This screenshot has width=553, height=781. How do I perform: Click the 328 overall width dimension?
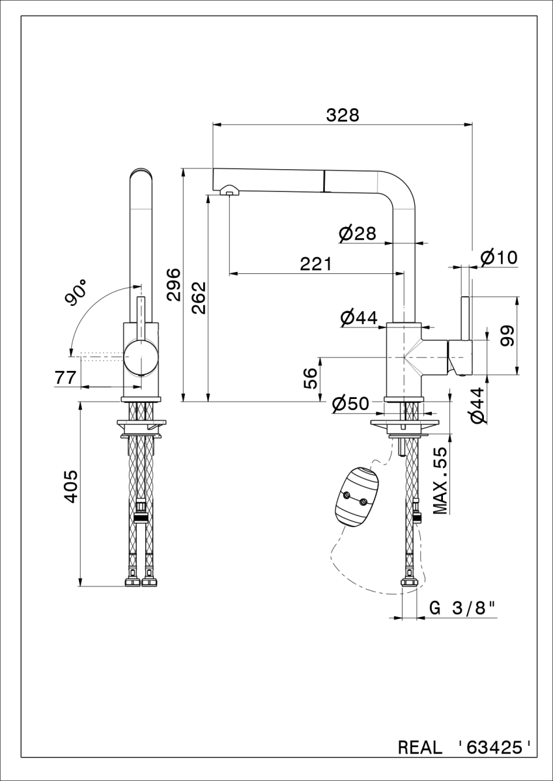click(342, 115)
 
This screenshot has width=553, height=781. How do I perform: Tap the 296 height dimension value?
click(173, 284)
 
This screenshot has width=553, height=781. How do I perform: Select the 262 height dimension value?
click(199, 298)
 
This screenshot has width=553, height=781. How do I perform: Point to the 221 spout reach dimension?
click(316, 264)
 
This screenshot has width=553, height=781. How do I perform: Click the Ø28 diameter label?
click(358, 233)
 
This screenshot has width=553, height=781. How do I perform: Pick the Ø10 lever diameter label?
click(499, 258)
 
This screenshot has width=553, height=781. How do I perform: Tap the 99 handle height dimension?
click(507, 335)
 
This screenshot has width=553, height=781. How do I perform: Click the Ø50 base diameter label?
click(350, 404)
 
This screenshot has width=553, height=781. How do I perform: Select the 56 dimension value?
click(311, 378)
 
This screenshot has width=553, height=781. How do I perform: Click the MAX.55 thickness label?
click(440, 480)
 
